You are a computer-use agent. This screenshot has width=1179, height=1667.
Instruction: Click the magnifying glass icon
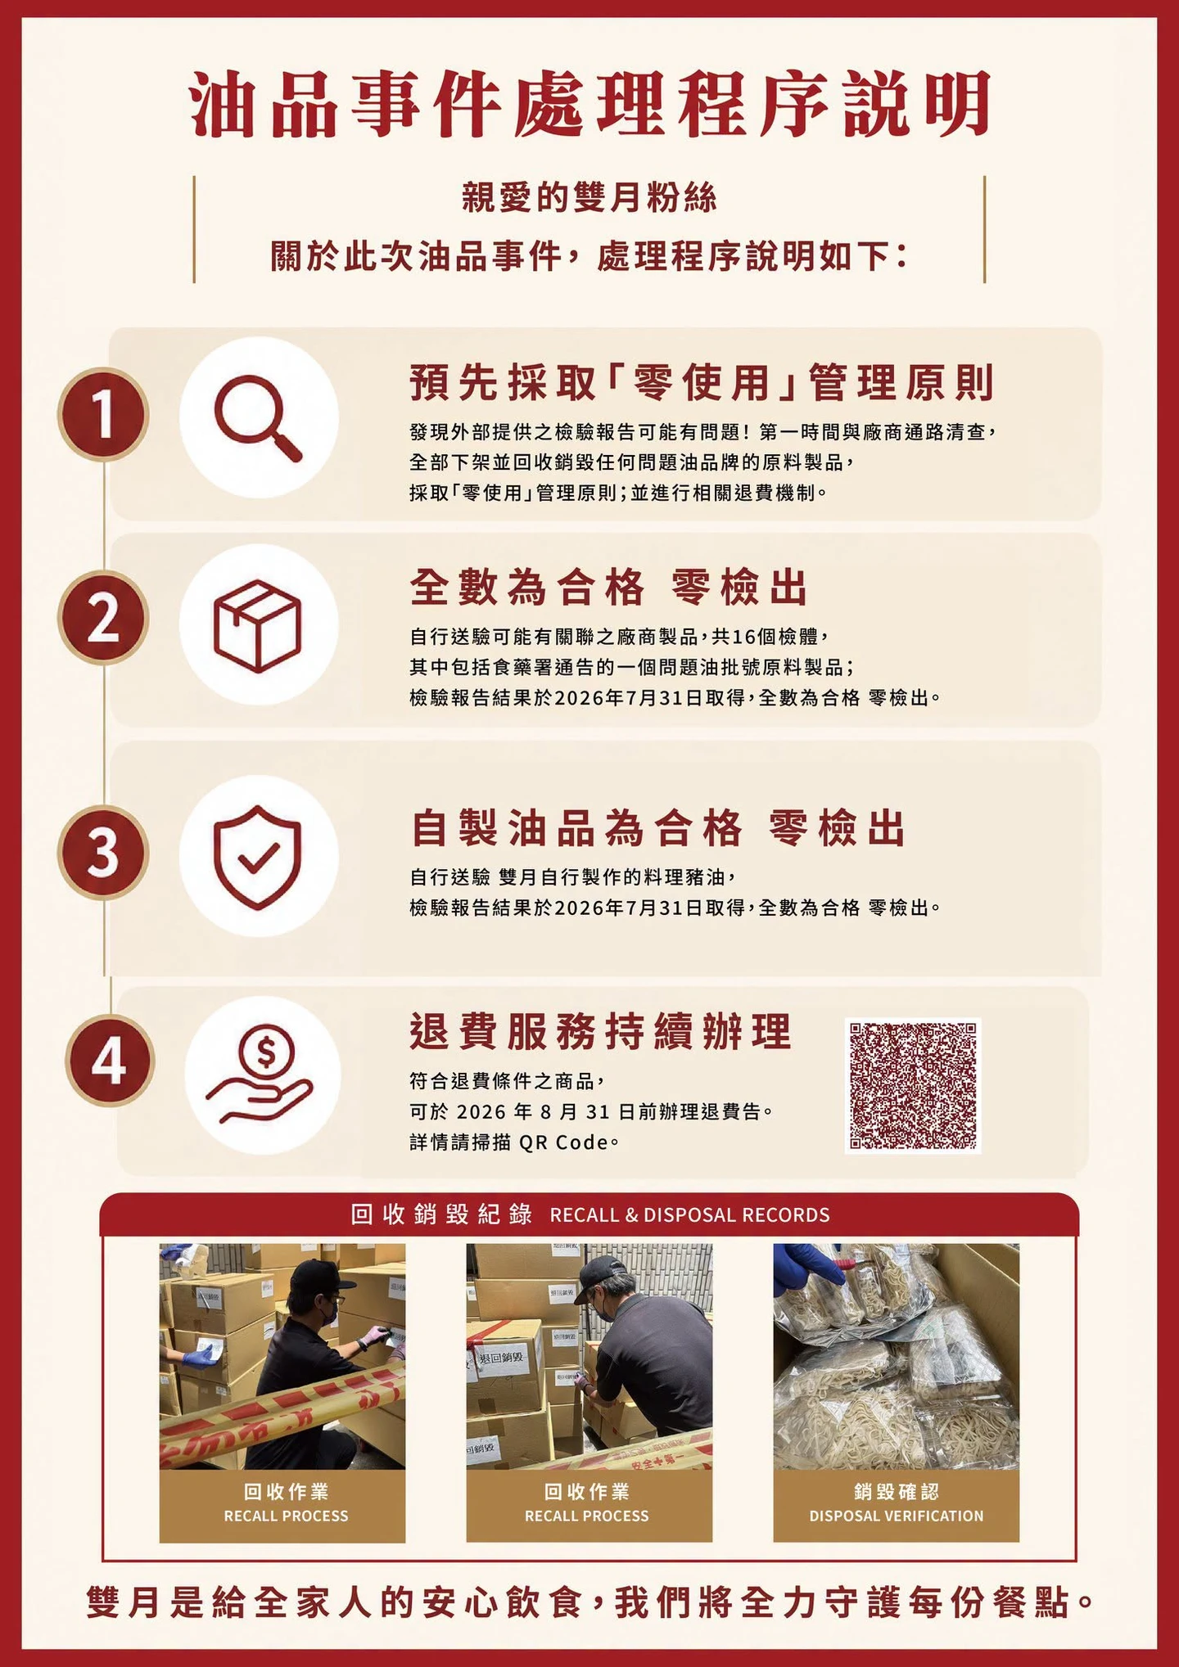257,418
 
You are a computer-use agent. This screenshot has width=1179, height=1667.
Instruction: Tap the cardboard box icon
257,626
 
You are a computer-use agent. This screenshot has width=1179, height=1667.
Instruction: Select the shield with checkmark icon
257,856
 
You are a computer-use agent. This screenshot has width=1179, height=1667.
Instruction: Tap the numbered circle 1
103,414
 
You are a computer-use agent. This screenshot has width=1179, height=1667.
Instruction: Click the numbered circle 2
103,618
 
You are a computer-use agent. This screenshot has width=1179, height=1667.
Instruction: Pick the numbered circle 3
103,852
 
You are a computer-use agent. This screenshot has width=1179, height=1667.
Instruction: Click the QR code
913,1086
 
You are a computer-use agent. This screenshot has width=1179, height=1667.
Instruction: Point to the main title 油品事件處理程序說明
589,105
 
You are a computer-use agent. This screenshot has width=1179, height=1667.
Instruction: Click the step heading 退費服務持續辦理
601,1031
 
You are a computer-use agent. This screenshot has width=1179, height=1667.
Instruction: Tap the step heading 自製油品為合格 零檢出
658,827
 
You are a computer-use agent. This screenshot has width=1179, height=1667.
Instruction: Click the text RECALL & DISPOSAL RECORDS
689,1214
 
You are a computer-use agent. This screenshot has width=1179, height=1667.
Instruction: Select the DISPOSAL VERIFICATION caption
897,1516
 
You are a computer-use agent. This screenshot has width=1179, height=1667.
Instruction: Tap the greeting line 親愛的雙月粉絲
589,197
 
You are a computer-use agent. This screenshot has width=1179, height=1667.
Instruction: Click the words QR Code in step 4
563,1142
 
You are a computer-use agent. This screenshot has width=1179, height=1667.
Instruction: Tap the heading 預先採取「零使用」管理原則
702,382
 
